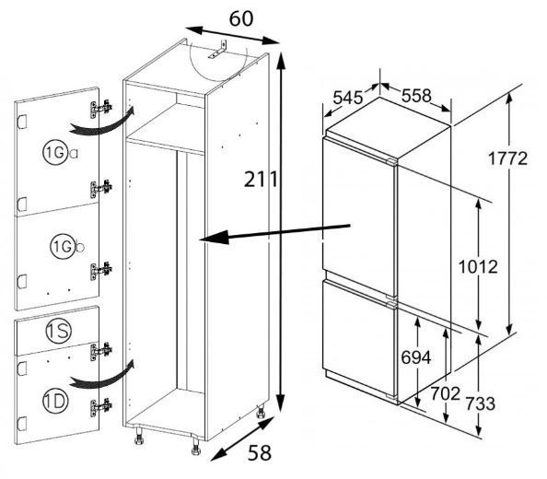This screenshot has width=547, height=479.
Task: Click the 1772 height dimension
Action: click(507, 158)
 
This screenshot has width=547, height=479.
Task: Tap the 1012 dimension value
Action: click(478, 267)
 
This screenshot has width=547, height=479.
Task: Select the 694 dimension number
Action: click(416, 357)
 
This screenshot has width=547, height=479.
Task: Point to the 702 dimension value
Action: click(446, 394)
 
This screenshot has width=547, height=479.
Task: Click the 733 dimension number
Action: click(481, 403)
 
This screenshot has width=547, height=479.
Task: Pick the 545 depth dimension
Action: click(348, 98)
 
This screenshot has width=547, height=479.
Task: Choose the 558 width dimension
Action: click(416, 96)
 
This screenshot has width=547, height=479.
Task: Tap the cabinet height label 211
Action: click(261, 180)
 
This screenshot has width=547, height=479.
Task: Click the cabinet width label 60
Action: click(241, 18)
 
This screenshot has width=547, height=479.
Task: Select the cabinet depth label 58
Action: click(260, 453)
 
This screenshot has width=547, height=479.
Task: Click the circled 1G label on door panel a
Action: click(54, 153)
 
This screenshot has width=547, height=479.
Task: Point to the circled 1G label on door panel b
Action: click(62, 248)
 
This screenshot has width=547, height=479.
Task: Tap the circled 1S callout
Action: click(58, 331)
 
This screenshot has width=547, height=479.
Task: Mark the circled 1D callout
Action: click(55, 403)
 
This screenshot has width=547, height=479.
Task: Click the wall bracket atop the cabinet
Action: click(217, 50)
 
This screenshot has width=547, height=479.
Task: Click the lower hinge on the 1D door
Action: click(101, 407)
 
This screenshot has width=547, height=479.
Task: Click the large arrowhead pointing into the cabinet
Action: click(214, 238)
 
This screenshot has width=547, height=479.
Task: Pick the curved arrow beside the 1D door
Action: click(102, 376)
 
